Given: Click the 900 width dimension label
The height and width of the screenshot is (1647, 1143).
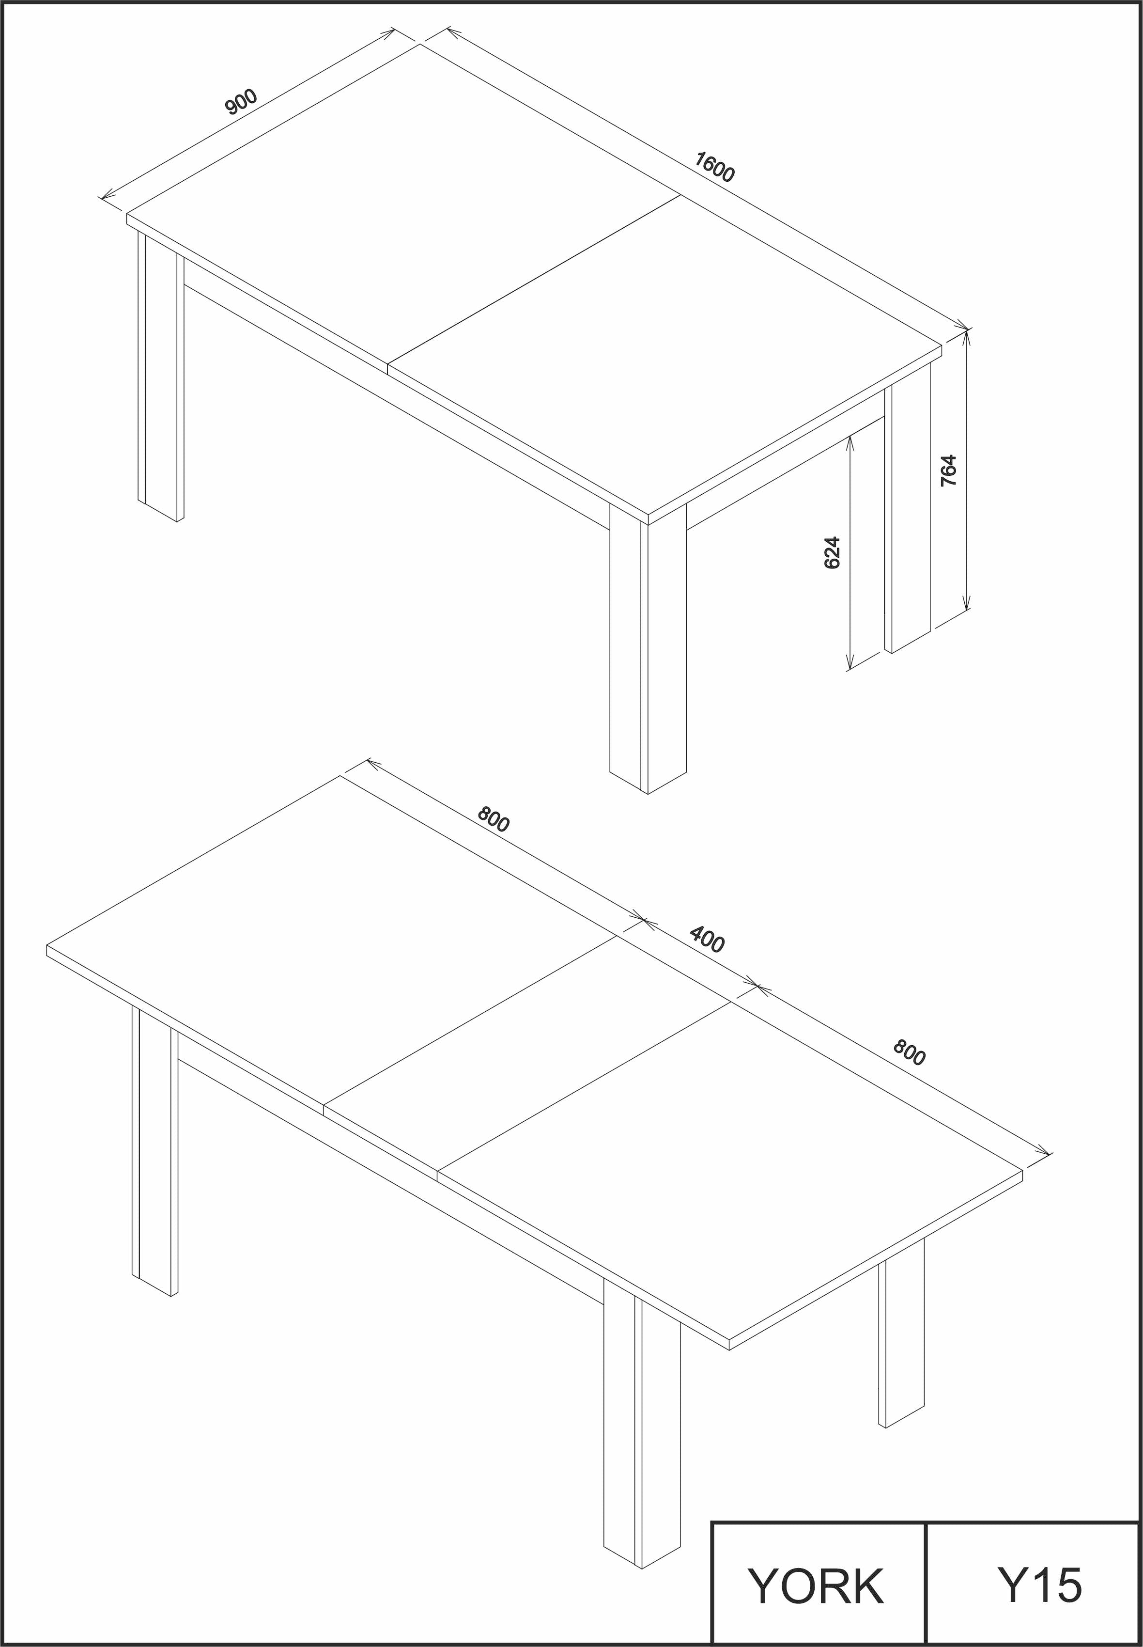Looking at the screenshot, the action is [241, 102].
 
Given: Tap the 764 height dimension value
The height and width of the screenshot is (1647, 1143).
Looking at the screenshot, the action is [948, 471].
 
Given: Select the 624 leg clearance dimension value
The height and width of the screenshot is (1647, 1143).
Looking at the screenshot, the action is [832, 552].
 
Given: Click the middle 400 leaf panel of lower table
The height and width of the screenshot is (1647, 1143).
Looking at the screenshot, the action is [527, 1051].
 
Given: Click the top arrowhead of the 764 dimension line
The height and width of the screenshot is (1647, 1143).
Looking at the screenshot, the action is [967, 337].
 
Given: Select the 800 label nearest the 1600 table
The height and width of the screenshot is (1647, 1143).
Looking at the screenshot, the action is [494, 819].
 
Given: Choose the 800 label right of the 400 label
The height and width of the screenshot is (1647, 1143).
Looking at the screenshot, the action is [909, 1053].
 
